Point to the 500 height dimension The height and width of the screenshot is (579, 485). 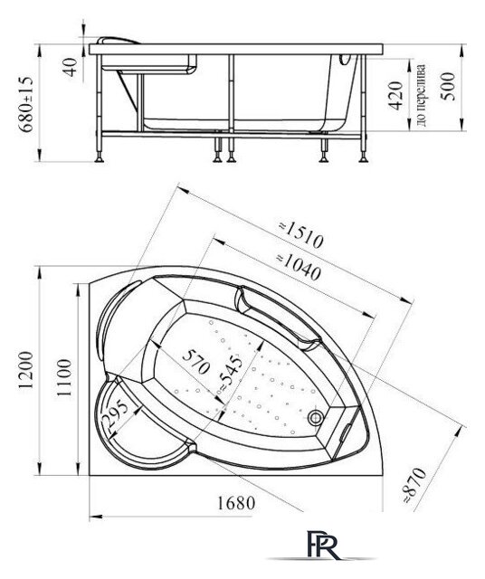tap(444, 88)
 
